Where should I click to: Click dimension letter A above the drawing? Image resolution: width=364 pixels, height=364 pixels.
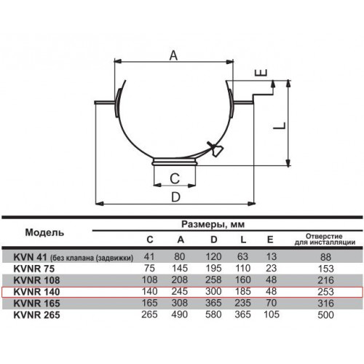click(x=173, y=55)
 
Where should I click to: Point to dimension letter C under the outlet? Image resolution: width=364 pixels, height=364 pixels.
click(x=175, y=178)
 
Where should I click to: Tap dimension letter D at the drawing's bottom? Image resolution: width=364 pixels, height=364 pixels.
click(x=175, y=197)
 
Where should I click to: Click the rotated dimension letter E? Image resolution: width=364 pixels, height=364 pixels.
click(x=261, y=73)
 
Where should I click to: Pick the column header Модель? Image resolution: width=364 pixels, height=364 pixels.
click(x=44, y=232)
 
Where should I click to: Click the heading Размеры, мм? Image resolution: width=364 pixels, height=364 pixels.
click(x=213, y=224)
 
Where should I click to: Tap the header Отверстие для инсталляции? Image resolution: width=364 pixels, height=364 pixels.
click(x=325, y=240)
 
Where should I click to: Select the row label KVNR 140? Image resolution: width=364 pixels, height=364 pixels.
click(x=36, y=292)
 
